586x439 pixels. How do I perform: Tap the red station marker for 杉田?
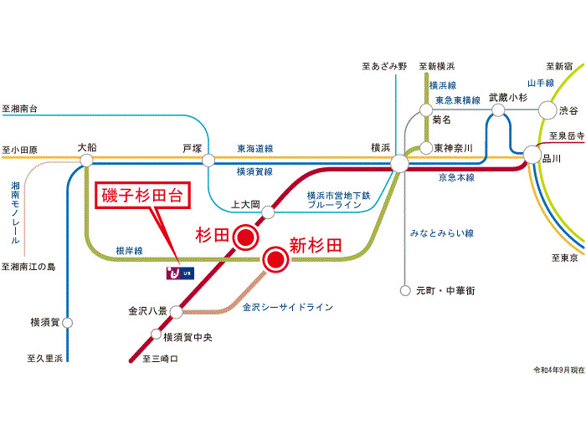pos(244,237)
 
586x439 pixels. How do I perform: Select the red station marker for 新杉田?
pos(274,260)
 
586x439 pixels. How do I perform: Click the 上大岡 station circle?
pos(269,213)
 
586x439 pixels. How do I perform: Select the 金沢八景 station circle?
pos(176,312)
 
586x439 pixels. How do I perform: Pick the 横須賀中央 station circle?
pos(155,335)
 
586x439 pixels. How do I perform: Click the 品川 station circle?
pos(532,155)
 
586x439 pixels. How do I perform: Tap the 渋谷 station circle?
pos(547,110)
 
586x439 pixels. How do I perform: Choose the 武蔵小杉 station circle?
pos(499,110)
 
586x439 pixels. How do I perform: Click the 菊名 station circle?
pos(426,110)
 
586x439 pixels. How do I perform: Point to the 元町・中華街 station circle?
pos(405,291)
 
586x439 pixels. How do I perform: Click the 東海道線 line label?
pos(254,149)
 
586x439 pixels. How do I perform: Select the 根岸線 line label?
pos(129,250)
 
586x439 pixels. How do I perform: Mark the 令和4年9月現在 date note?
pos(558,370)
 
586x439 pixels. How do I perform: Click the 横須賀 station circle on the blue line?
pos(67,322)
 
